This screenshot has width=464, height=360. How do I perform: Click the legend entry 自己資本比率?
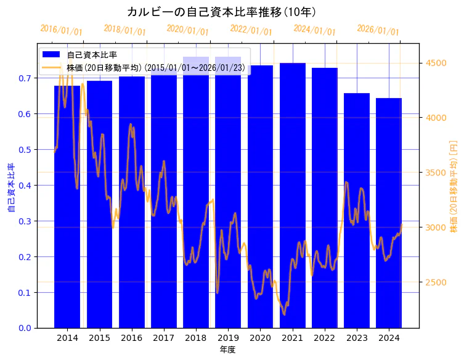click(x=92, y=55)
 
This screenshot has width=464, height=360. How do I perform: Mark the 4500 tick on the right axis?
click(x=436, y=63)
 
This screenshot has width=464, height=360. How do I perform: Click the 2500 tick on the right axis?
click(x=436, y=282)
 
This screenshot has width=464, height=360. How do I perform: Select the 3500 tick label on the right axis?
click(x=436, y=173)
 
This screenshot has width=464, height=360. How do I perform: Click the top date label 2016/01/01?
click(x=61, y=30)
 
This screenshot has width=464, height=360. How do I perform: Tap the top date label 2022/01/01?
click(x=251, y=30)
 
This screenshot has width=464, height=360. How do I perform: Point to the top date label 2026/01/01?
click(x=378, y=30)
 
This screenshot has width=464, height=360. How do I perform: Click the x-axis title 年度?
click(x=227, y=350)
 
